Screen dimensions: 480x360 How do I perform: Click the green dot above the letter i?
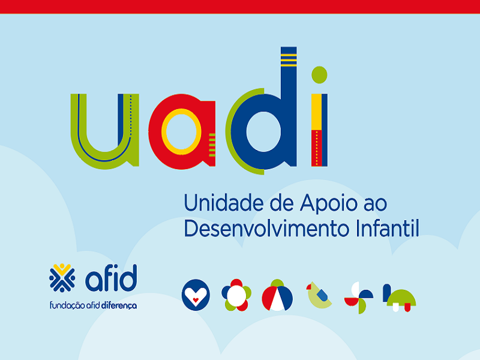tap(319, 74)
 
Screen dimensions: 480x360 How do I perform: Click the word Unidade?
tap(223, 203)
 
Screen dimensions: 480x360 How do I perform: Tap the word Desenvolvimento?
tap(266, 229)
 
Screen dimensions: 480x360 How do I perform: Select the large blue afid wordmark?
tap(111, 278)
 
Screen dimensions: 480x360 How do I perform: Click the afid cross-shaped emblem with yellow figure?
tap(62, 278)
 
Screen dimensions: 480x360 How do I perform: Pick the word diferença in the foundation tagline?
tap(119, 305)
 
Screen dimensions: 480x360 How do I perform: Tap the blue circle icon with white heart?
tap(196, 295)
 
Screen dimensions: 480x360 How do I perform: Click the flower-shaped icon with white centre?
tap(236, 295)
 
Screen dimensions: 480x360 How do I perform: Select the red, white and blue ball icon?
tap(277, 296)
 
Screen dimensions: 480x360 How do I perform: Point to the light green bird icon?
tap(319, 295)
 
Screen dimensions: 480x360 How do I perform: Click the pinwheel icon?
tap(359, 298)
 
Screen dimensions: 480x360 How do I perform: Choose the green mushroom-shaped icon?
tap(401, 298)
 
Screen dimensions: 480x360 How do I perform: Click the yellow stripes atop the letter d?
tap(289, 60)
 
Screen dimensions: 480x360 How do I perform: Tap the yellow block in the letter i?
tap(316, 112)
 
